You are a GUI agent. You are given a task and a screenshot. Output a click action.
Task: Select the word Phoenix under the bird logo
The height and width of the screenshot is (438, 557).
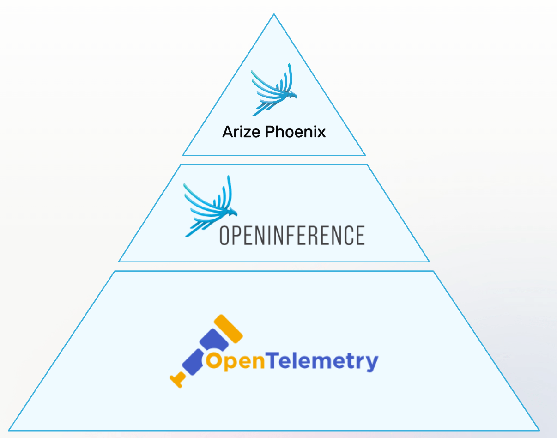296,132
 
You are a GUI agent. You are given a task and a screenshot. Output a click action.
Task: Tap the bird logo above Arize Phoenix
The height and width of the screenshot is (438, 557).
274,90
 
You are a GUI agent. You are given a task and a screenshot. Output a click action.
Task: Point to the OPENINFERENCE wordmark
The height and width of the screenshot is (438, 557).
292,235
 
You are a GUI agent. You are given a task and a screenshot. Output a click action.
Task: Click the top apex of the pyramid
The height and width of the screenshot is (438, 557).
274,14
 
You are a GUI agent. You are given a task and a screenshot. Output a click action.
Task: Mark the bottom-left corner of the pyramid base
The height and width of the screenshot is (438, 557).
9,430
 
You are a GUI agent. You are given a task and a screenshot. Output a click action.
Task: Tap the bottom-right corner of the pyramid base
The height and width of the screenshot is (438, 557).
539,430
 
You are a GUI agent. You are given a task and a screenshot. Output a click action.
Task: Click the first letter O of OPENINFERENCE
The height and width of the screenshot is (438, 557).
225,235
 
